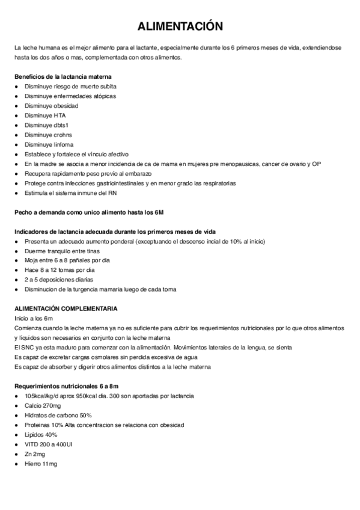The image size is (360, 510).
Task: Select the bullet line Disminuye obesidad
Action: [x=51, y=106]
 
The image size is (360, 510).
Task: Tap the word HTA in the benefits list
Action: [x=59, y=115]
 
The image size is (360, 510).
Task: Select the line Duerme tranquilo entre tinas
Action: [x=62, y=251]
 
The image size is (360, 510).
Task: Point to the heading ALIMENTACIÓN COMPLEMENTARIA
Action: [x=66, y=309]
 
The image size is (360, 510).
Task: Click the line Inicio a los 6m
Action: [x=34, y=318]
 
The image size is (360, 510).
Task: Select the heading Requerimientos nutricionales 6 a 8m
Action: [x=66, y=386]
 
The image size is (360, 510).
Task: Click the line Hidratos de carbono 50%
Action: [x=58, y=416]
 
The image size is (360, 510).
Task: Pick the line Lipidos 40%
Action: [x=41, y=435]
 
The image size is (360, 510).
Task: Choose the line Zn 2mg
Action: [x=35, y=454]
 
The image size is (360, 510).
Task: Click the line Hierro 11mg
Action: [x=41, y=464]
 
